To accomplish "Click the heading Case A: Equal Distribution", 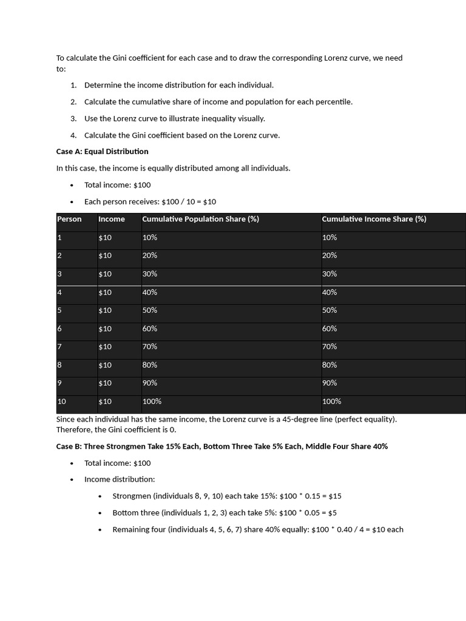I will point(102,151).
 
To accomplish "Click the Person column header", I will point(69,219).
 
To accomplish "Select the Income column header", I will point(112,219).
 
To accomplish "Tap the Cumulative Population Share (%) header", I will point(200,219).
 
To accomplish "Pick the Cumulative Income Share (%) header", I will point(374,219).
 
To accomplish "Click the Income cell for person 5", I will point(105,310).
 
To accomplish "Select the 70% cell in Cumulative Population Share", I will point(150,346).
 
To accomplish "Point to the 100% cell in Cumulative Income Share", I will point(331,401).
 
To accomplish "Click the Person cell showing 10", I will point(61,401).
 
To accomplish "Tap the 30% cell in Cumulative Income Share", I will point(329,274).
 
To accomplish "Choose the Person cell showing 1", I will point(59,237).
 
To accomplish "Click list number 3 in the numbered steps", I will point(73,118).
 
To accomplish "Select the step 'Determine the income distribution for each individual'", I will point(178,85).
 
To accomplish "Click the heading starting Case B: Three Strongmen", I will point(221,446).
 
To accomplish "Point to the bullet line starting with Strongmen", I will point(227,495).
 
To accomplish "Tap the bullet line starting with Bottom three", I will point(225,512).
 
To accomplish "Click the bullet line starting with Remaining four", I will point(257,529).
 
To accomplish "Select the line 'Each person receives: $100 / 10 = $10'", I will point(150,201).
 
